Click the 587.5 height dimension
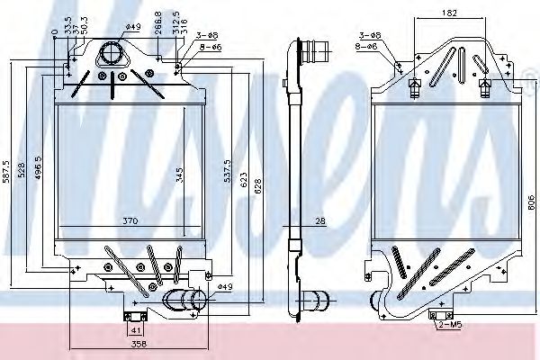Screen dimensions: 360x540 (6, 169)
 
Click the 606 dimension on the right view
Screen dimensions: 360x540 (529, 203)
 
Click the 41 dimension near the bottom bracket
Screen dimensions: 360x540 (133, 330)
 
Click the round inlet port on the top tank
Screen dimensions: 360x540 (112, 52)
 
